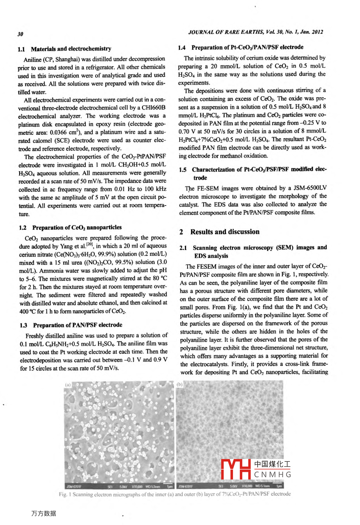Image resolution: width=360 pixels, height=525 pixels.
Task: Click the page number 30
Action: coord(20,34)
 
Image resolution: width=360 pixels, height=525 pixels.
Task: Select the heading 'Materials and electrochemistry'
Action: coord(71,49)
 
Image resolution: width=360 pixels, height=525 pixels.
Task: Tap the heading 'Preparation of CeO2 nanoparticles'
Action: coord(77,227)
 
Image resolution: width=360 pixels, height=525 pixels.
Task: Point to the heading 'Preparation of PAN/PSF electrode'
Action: coord(77,325)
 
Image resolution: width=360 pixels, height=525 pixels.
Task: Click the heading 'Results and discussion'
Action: coord(225,232)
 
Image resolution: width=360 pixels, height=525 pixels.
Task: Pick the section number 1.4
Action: coord(182,48)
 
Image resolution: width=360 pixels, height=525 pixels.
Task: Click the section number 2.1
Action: coord(183,248)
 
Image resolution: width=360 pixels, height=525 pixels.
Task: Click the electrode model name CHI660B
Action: coord(153,108)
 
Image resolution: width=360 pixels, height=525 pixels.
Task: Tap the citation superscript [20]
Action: coord(90,244)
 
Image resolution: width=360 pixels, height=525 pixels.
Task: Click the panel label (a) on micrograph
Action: coord(68,385)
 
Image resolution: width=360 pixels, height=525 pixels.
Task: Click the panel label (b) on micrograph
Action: coord(179,384)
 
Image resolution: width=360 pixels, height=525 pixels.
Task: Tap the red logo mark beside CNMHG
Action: coord(236,469)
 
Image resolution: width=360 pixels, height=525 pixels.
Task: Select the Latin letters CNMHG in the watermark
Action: coord(273,475)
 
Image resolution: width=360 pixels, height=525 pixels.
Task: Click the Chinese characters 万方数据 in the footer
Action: coord(43,513)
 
